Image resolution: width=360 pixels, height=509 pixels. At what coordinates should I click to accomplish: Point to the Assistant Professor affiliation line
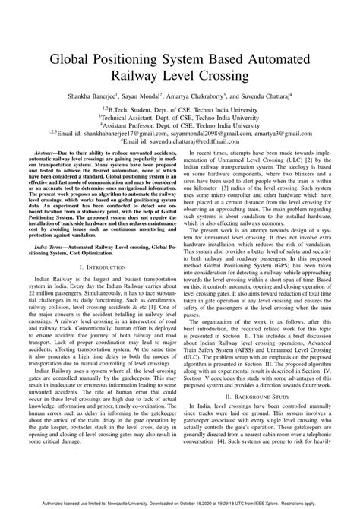click(180, 124)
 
